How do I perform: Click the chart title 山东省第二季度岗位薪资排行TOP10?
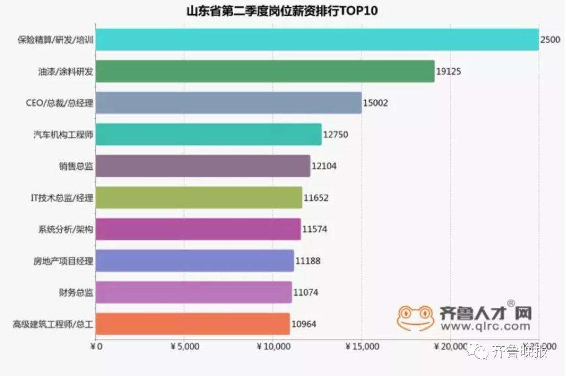click(282, 10)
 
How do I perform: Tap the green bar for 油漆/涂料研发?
click(265, 71)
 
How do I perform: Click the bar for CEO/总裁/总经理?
click(228, 103)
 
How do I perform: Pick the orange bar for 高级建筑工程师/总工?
click(193, 324)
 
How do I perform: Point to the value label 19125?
click(449, 72)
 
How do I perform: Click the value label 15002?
click(376, 103)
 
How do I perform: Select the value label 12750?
click(335, 135)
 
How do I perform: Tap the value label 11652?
click(316, 198)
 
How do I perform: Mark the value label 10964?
click(304, 324)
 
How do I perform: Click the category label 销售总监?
click(76, 167)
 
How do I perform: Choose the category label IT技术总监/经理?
click(62, 198)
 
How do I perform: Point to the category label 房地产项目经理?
click(63, 261)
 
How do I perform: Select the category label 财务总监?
click(76, 293)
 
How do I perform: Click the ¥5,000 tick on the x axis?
click(184, 346)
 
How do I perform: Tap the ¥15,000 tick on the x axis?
click(362, 346)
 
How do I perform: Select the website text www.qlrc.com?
click(485, 326)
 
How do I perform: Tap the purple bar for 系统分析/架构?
click(199, 229)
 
